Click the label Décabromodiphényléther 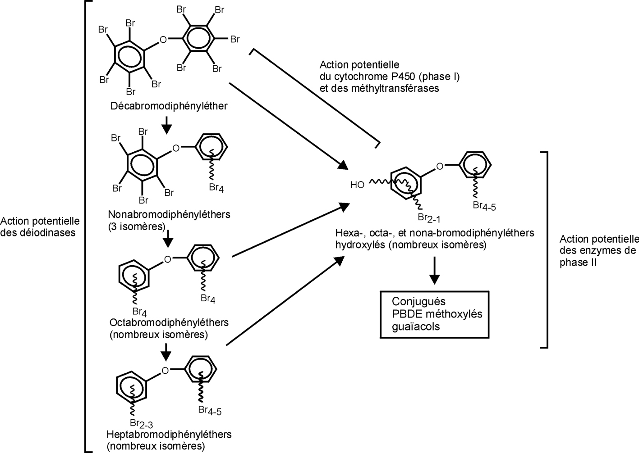coord(169,106)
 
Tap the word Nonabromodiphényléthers coord(169,214)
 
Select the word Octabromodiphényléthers coord(169,323)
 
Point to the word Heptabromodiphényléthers coord(169,435)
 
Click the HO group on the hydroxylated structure coord(357,185)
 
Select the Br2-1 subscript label coord(428,218)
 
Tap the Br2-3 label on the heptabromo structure coord(141,423)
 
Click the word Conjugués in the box coord(418,302)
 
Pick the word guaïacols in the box coord(415,326)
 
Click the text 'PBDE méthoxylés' coord(437,314)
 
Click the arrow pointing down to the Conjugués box coord(434,271)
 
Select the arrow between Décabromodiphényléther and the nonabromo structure coord(167,125)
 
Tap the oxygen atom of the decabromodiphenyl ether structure coord(163,40)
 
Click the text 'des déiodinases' coord(38,233)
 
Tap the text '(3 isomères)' coord(137,226)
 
